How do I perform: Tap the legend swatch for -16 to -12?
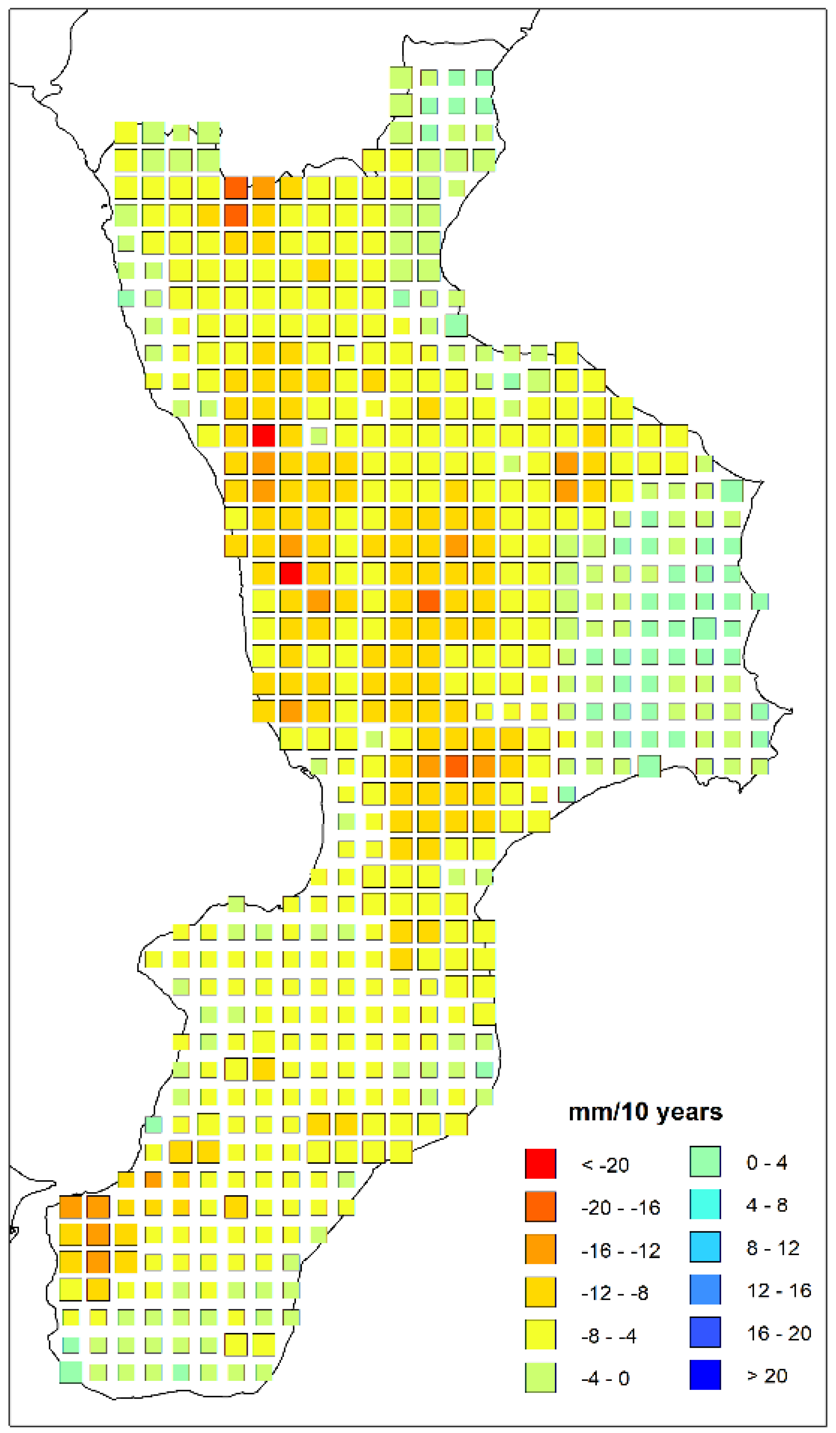[540, 1250]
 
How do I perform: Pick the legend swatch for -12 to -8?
[540, 1292]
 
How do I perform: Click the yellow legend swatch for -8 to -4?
[540, 1335]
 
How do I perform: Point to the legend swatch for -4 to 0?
[540, 1377]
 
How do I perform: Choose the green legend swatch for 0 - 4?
[705, 1161]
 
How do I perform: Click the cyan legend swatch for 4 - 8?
[705, 1204]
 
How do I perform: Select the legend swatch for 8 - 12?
[705, 1247]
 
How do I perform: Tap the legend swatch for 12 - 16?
[705, 1290]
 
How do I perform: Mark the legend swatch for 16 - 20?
[705, 1332]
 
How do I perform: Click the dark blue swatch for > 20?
[705, 1375]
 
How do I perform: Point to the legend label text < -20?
[605, 1165]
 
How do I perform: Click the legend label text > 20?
[767, 1376]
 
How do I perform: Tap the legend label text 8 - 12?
[772, 1248]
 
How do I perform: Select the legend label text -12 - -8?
[614, 1293]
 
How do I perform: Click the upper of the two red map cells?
[263, 435]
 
